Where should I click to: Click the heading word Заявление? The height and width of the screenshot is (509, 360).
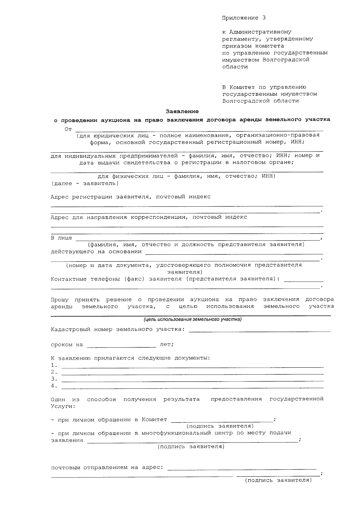pos(182,112)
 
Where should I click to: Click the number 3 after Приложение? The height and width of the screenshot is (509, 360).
pos(264,18)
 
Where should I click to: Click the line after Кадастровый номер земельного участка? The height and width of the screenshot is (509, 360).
pos(260,331)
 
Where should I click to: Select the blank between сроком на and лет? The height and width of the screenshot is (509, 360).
pos(121,347)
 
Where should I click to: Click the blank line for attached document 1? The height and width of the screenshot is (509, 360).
pos(192,367)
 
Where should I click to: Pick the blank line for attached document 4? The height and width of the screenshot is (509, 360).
pos(192,388)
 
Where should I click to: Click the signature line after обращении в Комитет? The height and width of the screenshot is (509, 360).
pos(222,421)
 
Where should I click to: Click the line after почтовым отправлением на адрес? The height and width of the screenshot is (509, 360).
pos(242,469)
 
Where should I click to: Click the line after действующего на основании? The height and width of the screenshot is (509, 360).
pos(234,254)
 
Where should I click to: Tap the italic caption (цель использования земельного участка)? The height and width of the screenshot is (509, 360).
pos(192,319)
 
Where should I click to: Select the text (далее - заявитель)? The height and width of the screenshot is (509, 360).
pos(85,183)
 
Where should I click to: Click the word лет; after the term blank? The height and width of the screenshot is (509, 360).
pos(167,345)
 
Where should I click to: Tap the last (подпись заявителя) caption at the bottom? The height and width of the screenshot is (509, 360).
pos(278,480)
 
